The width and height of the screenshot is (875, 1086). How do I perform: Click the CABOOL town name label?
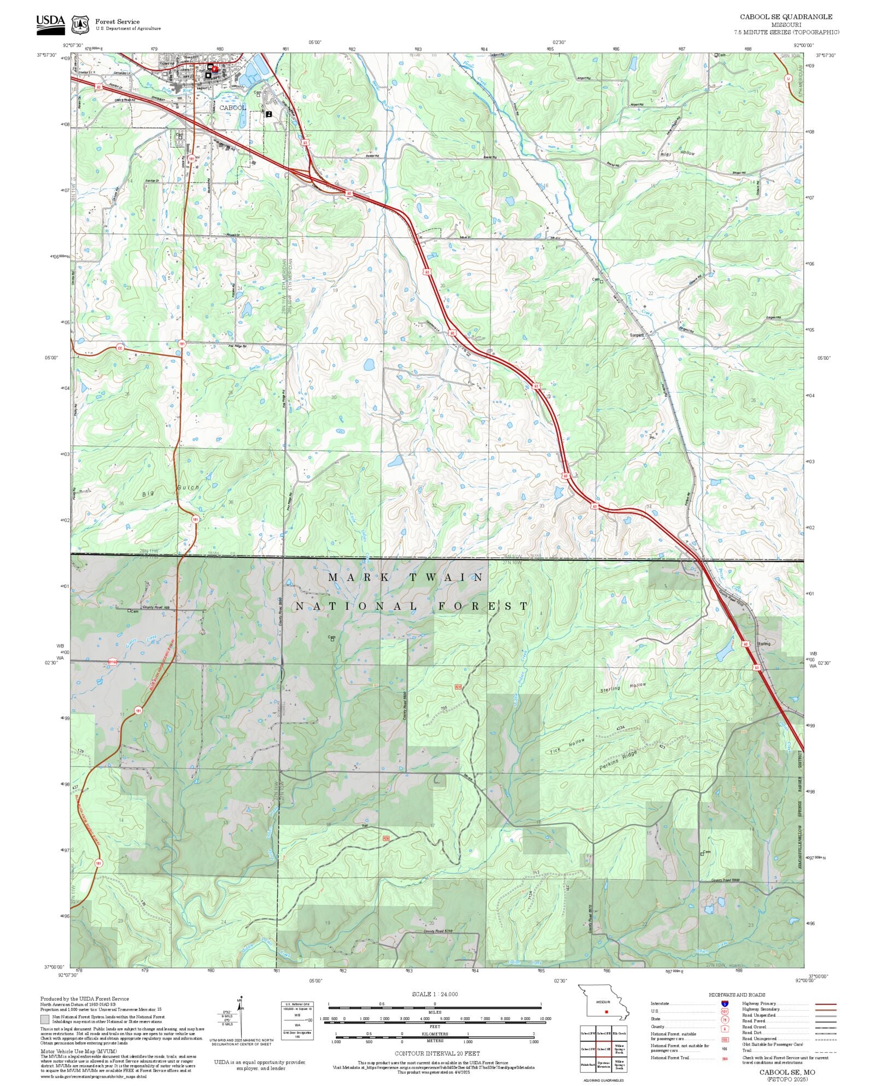pyautogui.click(x=232, y=108)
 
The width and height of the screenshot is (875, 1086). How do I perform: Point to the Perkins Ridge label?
pyautogui.click(x=618, y=761)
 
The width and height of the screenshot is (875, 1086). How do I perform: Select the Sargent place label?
pyautogui.click(x=637, y=335)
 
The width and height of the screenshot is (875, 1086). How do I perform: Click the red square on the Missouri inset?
pyautogui.click(x=606, y=1012)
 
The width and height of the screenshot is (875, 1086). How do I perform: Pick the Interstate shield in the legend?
pyautogui.click(x=725, y=1004)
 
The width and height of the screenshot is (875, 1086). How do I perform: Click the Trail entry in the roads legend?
pyautogui.click(x=746, y=1050)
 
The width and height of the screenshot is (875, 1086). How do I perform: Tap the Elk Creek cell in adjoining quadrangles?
pyautogui.click(x=620, y=1033)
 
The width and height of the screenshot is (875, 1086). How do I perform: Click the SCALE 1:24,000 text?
pyautogui.click(x=435, y=994)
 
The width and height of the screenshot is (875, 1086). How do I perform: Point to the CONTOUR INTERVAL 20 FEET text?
pyautogui.click(x=437, y=1053)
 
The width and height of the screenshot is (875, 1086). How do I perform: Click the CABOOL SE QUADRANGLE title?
pyautogui.click(x=786, y=17)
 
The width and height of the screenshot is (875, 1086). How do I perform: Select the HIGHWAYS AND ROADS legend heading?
pyautogui.click(x=737, y=995)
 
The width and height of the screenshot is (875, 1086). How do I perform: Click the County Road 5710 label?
pyautogui.click(x=438, y=932)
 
